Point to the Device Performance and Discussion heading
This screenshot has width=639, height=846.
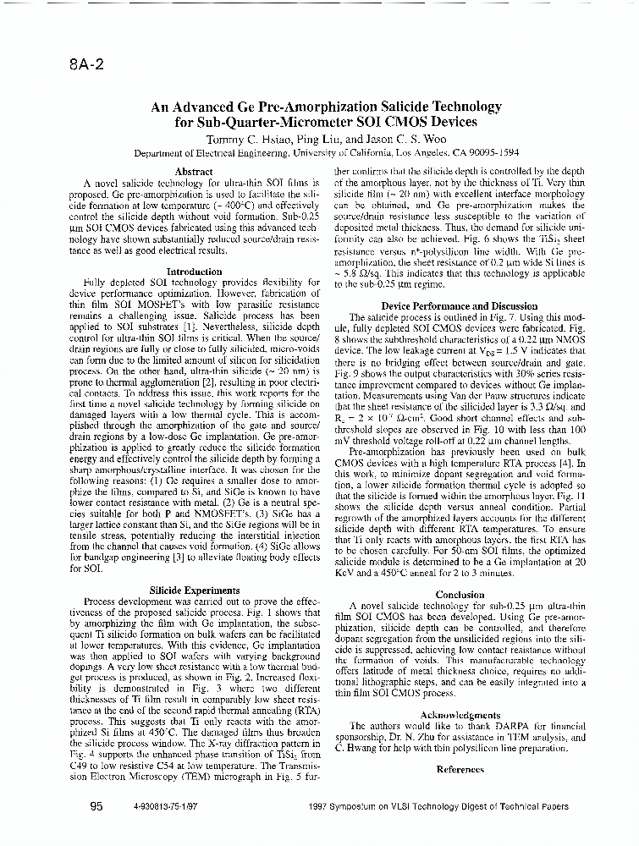tap(459, 305)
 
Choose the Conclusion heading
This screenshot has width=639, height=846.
tap(459, 595)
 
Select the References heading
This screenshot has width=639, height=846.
tap(460, 769)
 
